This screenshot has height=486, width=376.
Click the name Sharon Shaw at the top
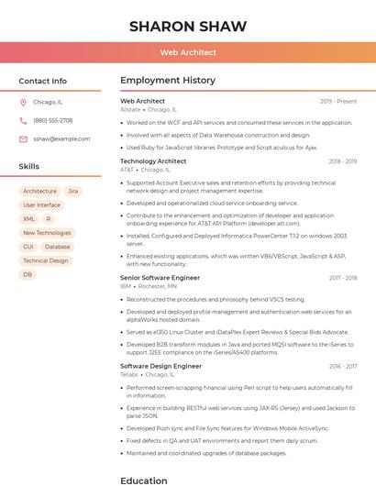pos(188,26)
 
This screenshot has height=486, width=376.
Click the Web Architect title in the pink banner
pos(188,52)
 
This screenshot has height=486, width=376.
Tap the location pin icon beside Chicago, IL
pos(23,103)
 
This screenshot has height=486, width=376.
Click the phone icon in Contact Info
pos(23,120)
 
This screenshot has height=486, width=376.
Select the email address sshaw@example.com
pos(61,138)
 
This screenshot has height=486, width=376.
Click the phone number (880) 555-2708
pos(53,120)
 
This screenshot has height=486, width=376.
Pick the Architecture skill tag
pos(39,192)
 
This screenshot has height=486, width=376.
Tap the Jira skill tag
pos(72,192)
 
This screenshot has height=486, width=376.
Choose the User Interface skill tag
pos(41,205)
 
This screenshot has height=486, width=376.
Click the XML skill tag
pos(29,219)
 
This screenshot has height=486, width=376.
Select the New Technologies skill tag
pos(47,233)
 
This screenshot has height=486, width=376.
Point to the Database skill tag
pos(57,247)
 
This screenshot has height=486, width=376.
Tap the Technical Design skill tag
pos(45,260)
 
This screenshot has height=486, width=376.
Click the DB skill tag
pos(28,274)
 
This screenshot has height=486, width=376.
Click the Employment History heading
pos(167,81)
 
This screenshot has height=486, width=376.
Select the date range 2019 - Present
pos(338,101)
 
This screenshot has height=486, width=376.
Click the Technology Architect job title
pos(153,161)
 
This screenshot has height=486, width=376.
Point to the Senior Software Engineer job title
pos(160,277)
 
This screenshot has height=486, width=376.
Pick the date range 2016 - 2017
pos(343,366)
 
